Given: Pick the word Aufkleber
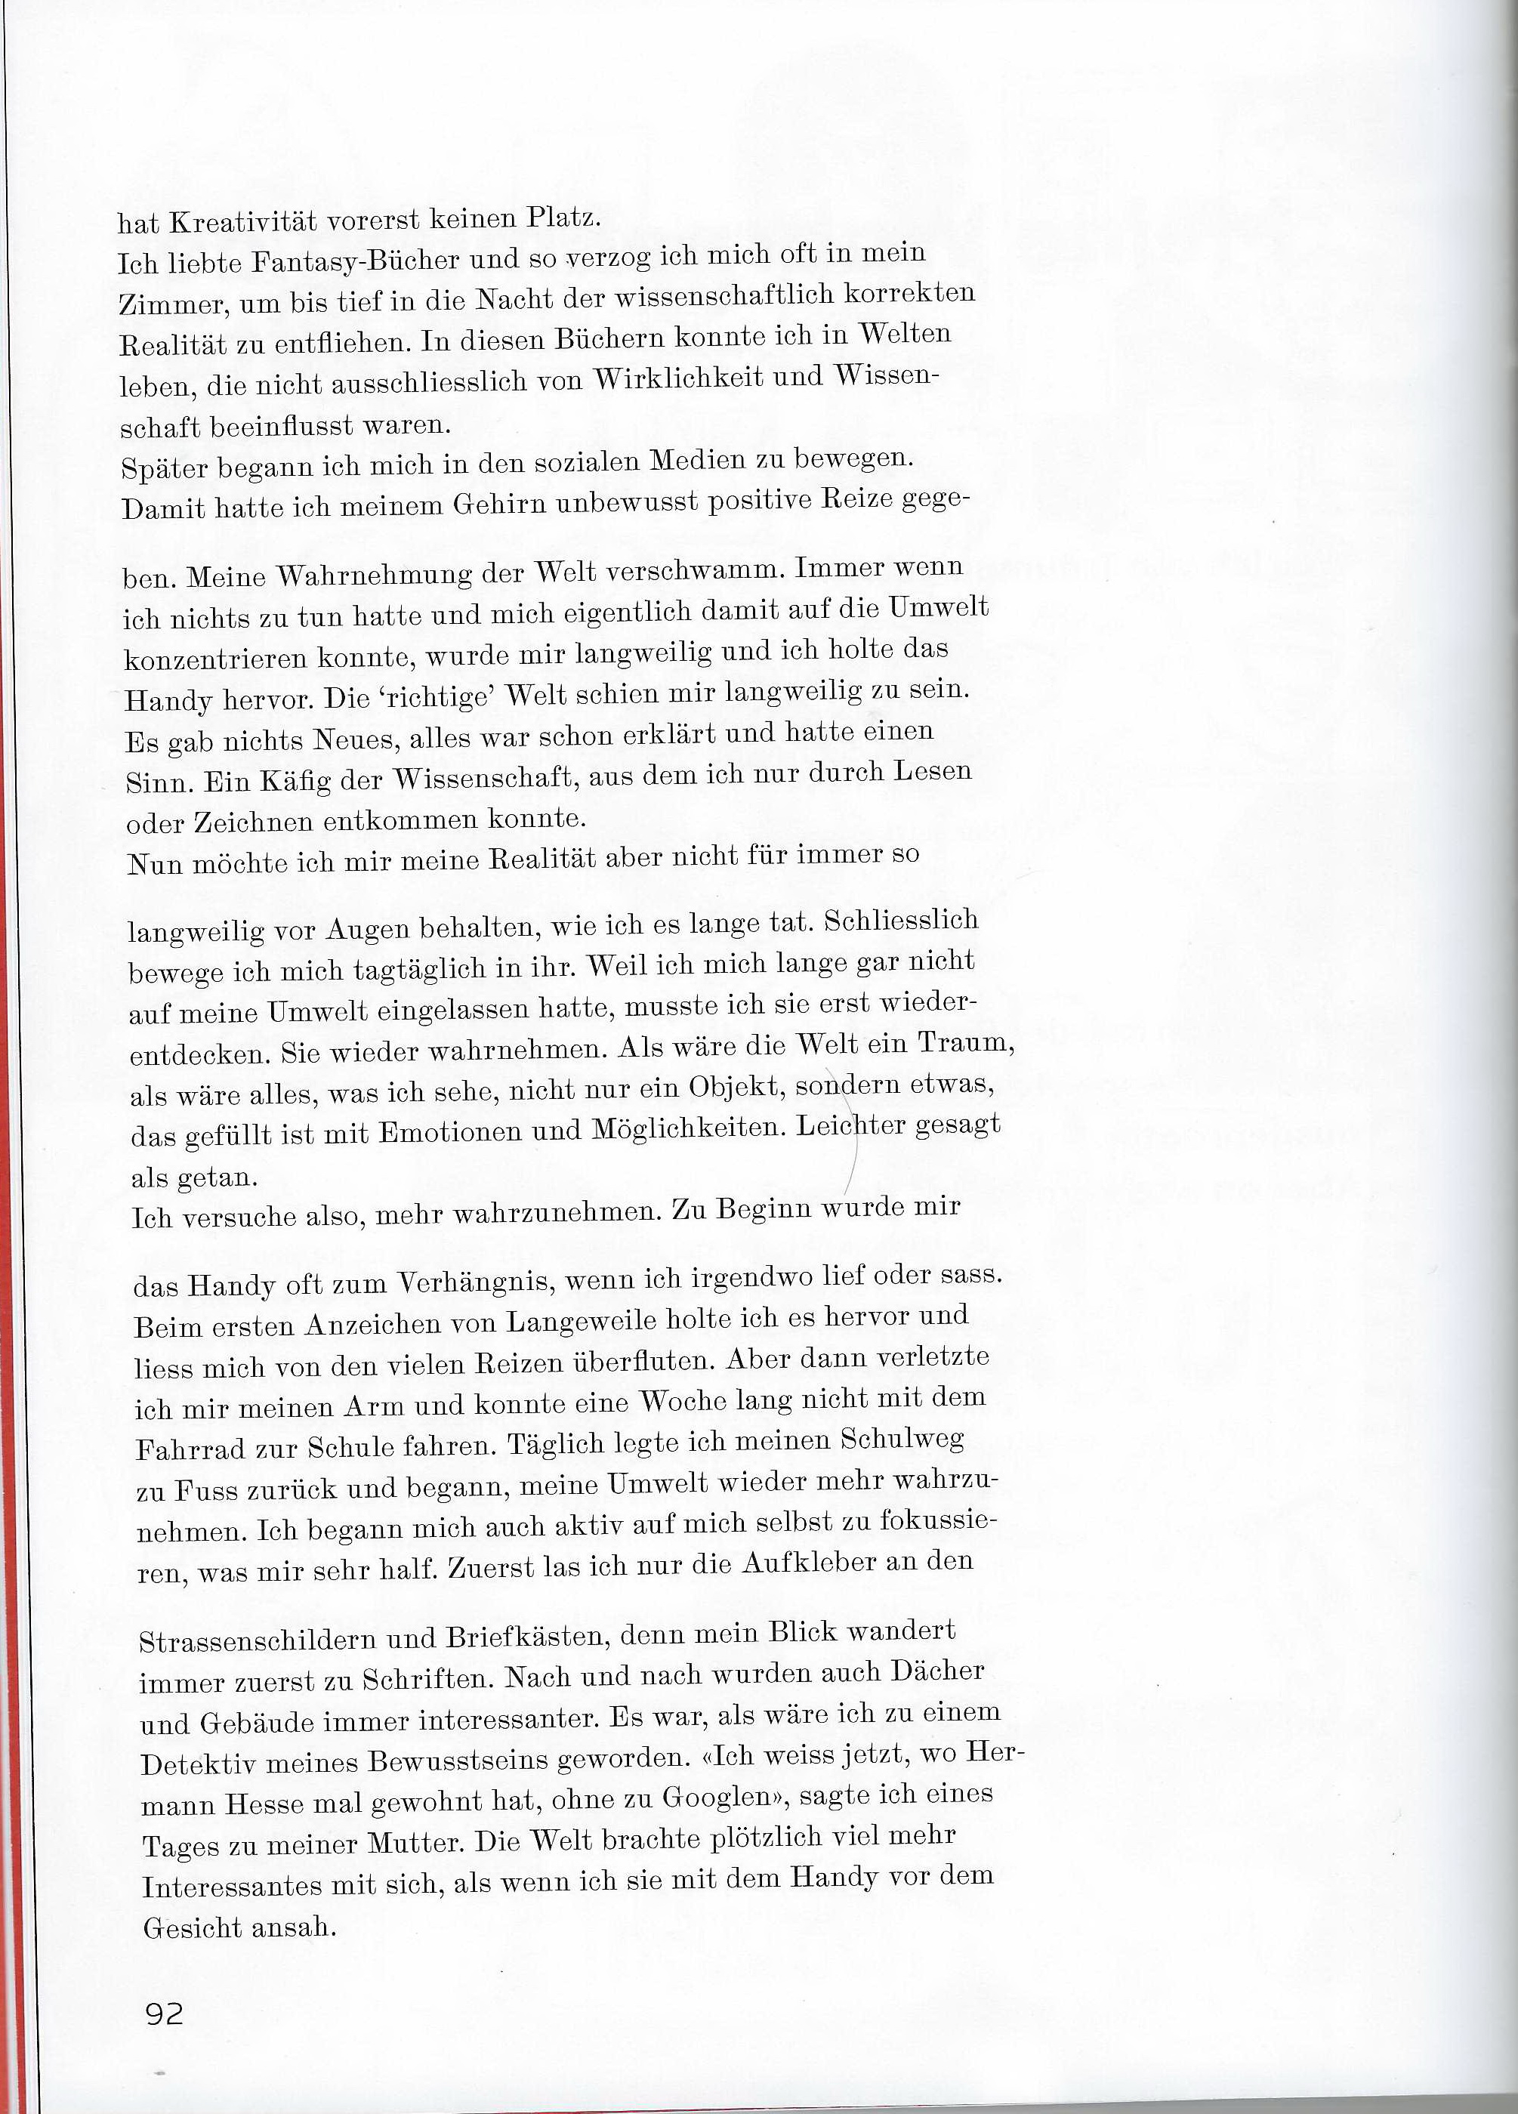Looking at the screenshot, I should (x=808, y=1563).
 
